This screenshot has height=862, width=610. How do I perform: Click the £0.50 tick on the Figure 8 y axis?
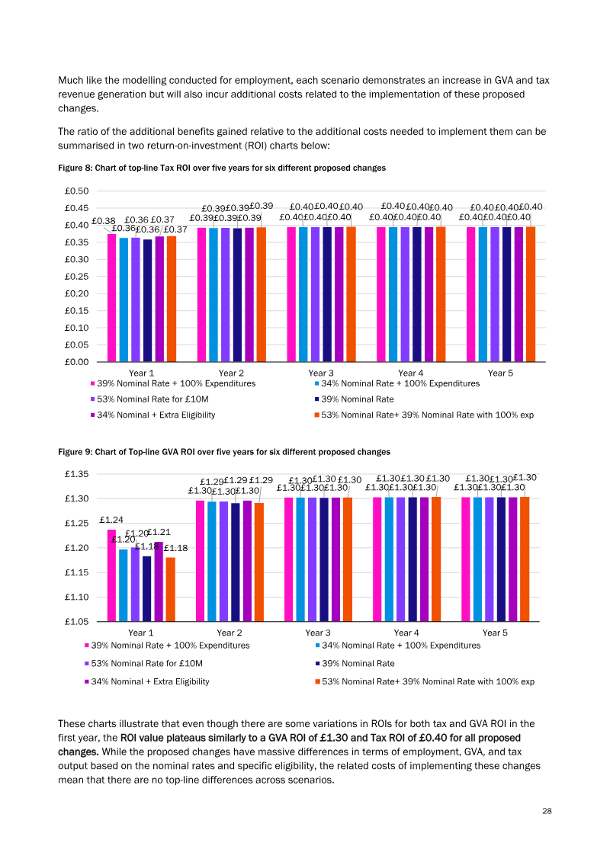[x=76, y=191]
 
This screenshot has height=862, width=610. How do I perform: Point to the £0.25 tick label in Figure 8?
[x=76, y=277]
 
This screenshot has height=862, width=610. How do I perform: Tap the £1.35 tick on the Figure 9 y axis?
[x=76, y=474]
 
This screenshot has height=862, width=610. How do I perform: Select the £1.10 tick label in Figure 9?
[x=76, y=597]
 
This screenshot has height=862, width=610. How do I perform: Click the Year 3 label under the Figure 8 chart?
[x=321, y=373]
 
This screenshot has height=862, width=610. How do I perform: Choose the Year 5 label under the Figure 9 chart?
[x=495, y=633]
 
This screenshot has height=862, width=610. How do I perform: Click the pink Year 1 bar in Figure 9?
[x=111, y=575]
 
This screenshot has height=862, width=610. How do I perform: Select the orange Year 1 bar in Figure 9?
[x=171, y=590]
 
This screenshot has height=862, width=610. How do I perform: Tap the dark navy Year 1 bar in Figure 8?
[x=147, y=301]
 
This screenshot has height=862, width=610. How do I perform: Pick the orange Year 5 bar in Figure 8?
[x=530, y=294]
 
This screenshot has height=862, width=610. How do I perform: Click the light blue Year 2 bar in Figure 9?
[x=212, y=561]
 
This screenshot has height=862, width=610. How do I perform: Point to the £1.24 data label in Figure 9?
[x=111, y=520]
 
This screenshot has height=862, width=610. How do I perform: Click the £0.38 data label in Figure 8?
[x=104, y=221]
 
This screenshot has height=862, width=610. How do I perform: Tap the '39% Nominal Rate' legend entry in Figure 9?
[x=355, y=664]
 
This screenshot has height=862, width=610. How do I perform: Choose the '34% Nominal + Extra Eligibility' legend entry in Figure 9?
[x=147, y=681]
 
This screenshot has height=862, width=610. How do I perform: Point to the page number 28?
[x=547, y=811]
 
